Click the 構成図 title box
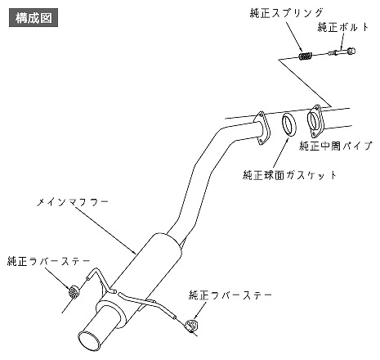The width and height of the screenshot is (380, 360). click(x=34, y=18)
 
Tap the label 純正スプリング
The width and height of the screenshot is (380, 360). click(x=287, y=13)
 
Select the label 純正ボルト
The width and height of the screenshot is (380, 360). click(x=343, y=27)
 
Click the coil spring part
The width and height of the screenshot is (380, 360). click(x=306, y=56)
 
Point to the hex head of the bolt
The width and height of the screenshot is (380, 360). click(x=351, y=51)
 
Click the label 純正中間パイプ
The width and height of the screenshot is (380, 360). click(x=336, y=146)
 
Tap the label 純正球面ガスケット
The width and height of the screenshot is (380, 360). click(x=290, y=174)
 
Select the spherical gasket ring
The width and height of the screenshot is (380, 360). click(x=289, y=124)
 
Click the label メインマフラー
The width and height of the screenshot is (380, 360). click(x=73, y=202)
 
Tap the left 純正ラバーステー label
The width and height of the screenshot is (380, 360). click(x=49, y=261)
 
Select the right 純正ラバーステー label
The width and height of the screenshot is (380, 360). click(x=230, y=295)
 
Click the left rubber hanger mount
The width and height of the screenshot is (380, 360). click(x=73, y=291)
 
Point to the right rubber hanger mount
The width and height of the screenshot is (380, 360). click(x=192, y=326)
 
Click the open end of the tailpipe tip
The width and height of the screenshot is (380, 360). click(x=89, y=341)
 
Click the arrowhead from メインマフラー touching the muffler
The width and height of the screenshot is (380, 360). click(x=134, y=251)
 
